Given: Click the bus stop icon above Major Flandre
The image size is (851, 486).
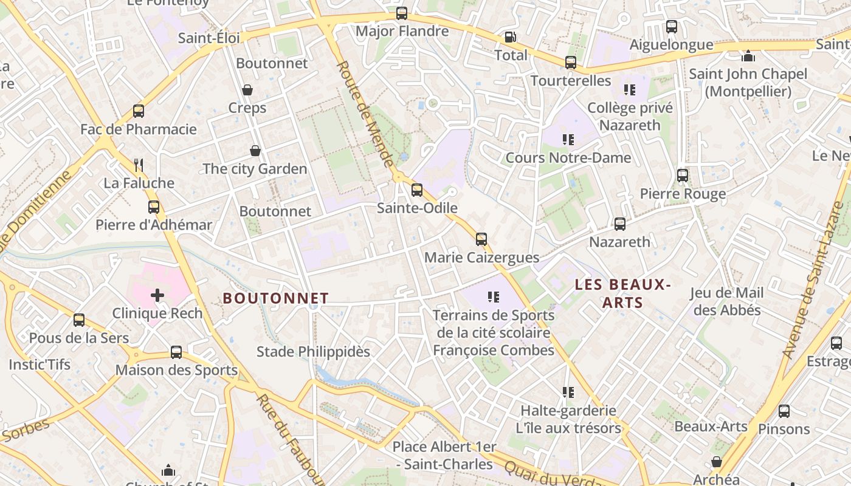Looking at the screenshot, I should pyautogui.click(x=401, y=13).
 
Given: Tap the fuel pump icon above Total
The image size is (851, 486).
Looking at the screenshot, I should pyautogui.click(x=511, y=37).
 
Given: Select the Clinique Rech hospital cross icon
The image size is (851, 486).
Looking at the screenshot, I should pyautogui.click(x=157, y=295).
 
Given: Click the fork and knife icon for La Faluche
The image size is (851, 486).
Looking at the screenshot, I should pyautogui.click(x=139, y=165).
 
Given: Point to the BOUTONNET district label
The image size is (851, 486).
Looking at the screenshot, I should pyautogui.click(x=276, y=298).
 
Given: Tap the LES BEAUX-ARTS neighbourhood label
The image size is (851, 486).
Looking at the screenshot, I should pyautogui.click(x=622, y=293).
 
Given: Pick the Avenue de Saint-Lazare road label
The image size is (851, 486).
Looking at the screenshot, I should pyautogui.click(x=813, y=280).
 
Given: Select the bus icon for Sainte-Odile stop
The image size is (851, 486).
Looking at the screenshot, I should pyautogui.click(x=417, y=190).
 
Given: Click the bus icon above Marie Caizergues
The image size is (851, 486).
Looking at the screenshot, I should pyautogui.click(x=481, y=239).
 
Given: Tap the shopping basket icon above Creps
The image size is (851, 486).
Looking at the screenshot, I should pyautogui.click(x=247, y=90).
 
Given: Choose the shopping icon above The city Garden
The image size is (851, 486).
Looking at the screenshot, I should pyautogui.click(x=255, y=151).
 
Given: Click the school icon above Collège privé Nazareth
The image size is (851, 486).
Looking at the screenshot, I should pyautogui.click(x=630, y=91).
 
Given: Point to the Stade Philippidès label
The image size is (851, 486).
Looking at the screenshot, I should pyautogui.click(x=313, y=352).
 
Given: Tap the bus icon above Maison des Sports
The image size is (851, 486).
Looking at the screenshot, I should pyautogui.click(x=176, y=352).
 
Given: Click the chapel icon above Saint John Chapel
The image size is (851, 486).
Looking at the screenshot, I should pyautogui.click(x=748, y=56).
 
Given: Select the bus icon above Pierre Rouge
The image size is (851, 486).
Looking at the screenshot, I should pyautogui.click(x=683, y=176).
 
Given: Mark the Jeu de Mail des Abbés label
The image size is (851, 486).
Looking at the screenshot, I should pyautogui.click(x=727, y=301).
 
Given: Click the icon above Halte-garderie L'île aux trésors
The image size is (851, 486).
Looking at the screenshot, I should pyautogui.click(x=568, y=392).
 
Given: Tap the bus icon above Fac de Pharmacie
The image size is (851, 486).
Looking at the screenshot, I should pyautogui.click(x=139, y=111).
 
